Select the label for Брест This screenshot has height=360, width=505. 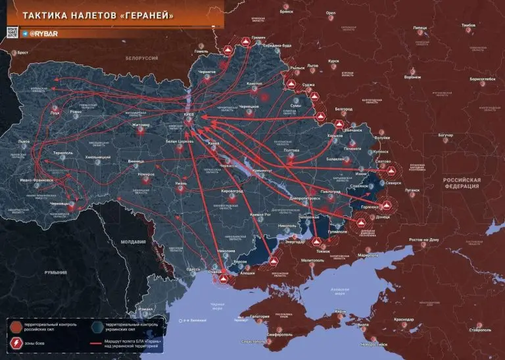click(24, 52)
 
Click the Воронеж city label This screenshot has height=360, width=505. click(412, 77)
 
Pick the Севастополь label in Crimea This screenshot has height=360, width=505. click(254, 342)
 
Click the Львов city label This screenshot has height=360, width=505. click(24, 141)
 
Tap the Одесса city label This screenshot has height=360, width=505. click(193, 269)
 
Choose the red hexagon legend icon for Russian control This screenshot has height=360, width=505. click(15, 325)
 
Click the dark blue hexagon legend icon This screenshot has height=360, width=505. click(98, 325)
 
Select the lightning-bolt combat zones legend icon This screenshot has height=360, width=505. click(15, 342)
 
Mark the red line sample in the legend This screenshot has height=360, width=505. click(98, 342)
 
